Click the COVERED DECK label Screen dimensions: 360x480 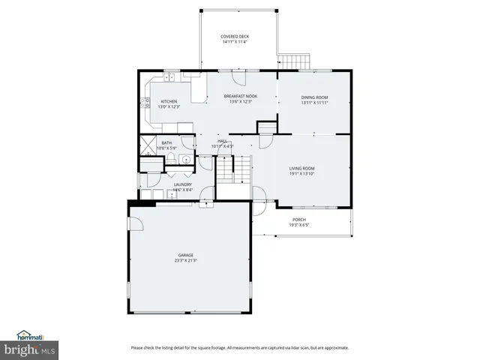pyautogui.click(x=235, y=37)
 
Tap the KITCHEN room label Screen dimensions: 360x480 pyautogui.click(x=169, y=101)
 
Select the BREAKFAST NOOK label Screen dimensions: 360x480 pyautogui.click(x=240, y=97)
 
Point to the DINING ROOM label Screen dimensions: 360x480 pyautogui.click(x=315, y=97)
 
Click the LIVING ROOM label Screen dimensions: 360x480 pyautogui.click(x=302, y=169)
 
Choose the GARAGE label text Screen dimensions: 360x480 pyautogui.click(x=185, y=256)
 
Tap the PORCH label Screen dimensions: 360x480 pyautogui.click(x=299, y=220)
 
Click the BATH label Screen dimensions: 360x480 pyautogui.click(x=166, y=142)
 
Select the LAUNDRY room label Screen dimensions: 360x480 pyautogui.click(x=182, y=184)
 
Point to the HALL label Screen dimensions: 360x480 pyautogui.click(x=222, y=141)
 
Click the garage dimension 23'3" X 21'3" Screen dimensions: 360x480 pyautogui.click(x=185, y=261)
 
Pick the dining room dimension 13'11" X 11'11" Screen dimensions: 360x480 pyautogui.click(x=315, y=103)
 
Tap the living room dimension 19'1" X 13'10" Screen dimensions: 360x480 pyautogui.click(x=302, y=174)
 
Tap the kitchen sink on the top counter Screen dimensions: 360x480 pyautogui.click(x=170, y=77)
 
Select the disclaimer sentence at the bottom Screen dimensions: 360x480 pyautogui.click(x=239, y=347)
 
